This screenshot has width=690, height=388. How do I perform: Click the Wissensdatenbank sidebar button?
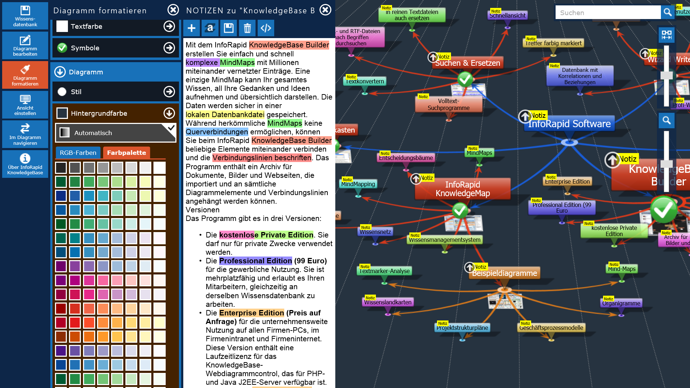coord(25,16)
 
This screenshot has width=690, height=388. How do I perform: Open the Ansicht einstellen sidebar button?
coord(25,105)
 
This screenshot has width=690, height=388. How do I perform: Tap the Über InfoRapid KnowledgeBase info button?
coord(25,164)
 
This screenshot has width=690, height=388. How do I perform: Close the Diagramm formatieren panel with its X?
coord(173,10)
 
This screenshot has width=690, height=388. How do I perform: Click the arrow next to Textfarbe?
coord(169,26)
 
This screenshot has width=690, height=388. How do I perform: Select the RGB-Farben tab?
coord(78,153)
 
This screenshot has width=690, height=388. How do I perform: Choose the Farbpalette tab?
coord(126,153)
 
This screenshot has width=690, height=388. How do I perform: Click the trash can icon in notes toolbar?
coord(247,28)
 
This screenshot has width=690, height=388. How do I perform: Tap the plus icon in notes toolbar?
coord(192,28)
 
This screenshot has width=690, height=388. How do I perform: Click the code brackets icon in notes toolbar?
coord(266,28)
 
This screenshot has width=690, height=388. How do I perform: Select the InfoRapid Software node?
coord(569,124)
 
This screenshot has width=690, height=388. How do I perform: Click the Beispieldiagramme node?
coord(504,273)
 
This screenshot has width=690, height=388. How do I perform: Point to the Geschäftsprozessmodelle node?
coord(551,328)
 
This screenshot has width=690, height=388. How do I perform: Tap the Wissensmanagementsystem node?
coord(445,240)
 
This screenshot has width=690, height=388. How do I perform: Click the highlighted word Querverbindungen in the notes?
coord(217,132)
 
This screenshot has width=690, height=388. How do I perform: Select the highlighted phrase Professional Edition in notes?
coord(256,261)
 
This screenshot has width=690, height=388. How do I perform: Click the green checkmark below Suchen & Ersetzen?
coord(465,79)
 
